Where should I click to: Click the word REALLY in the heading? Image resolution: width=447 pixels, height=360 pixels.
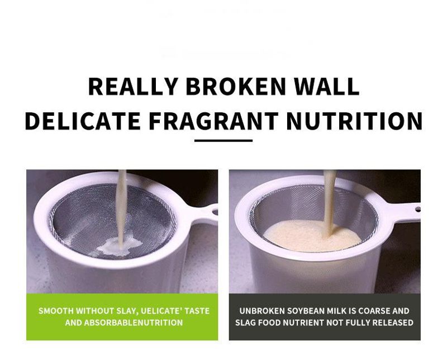pyautogui.click(x=133, y=86)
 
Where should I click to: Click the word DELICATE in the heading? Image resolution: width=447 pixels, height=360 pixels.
pyautogui.click(x=83, y=121)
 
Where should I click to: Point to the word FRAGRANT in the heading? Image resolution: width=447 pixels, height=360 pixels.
pyautogui.click(x=213, y=121)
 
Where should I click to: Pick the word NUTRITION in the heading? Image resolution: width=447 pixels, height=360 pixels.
pyautogui.click(x=354, y=121)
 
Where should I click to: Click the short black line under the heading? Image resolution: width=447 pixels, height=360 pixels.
pyautogui.click(x=223, y=141)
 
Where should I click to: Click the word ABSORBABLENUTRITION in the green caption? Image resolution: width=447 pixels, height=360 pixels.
pyautogui.click(x=134, y=323)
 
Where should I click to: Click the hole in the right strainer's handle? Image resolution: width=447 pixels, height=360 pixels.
pyautogui.click(x=417, y=210)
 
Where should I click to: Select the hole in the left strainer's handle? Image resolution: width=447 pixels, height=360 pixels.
pyautogui.click(x=215, y=211)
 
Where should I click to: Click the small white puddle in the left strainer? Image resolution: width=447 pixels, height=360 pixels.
pyautogui.click(x=120, y=246)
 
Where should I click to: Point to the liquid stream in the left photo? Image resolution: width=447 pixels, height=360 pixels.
pyautogui.click(x=122, y=209)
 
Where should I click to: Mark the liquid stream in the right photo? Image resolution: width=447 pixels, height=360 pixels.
pyautogui.click(x=330, y=202)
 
